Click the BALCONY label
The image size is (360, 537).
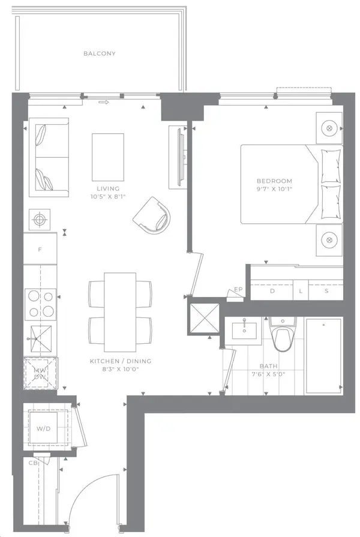tap(100, 53)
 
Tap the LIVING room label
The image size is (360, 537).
tap(108, 188)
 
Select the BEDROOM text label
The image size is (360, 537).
tap(274, 181)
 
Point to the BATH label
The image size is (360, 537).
tap(268, 366)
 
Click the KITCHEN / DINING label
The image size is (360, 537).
tap(121, 361)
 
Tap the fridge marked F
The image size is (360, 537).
tap(40, 249)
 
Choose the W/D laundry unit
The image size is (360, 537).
tap(43, 428)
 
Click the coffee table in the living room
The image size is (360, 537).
tap(108, 157)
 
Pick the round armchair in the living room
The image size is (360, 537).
tap(152, 215)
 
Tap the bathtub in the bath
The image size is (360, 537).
tap(323, 356)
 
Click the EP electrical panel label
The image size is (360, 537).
tap(238, 290)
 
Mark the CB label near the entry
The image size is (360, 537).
tap(33, 463)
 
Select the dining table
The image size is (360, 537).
tap(120, 312)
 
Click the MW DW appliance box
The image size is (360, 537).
tap(40, 374)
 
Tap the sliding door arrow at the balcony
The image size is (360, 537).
tap(103, 102)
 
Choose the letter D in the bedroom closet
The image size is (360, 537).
tap(272, 291)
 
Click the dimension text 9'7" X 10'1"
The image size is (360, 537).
tap(274, 189)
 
